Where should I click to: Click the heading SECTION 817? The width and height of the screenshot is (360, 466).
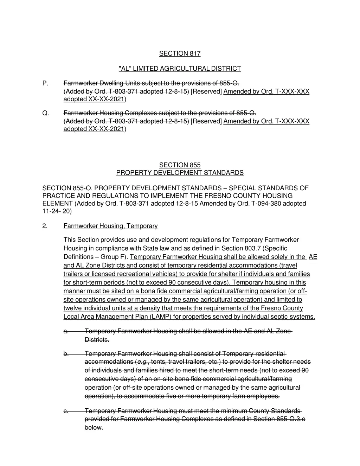pyautogui.click(x=180, y=53)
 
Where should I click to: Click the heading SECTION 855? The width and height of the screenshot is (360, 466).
pyautogui.click(x=180, y=165)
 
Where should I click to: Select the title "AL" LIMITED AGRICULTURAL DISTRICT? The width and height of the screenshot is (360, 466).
pyautogui.click(x=180, y=69)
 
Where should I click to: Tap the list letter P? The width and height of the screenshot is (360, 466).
pyautogui.click(x=45, y=83)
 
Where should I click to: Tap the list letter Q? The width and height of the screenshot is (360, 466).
pyautogui.click(x=45, y=113)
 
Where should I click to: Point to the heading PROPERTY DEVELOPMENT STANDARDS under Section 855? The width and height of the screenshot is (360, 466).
pyautogui.click(x=180, y=173)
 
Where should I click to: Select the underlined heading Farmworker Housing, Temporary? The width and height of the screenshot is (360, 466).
pyautogui.click(x=110, y=226)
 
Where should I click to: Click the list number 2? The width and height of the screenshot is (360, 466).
pyautogui.click(x=45, y=226)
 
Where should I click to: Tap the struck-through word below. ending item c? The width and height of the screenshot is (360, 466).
pyautogui.click(x=94, y=428)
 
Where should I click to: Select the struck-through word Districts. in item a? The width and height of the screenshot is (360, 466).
pyautogui.click(x=97, y=340)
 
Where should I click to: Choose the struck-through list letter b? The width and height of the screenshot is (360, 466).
pyautogui.click(x=66, y=353)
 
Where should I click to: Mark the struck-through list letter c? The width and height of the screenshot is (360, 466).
pyautogui.click(x=66, y=411)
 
